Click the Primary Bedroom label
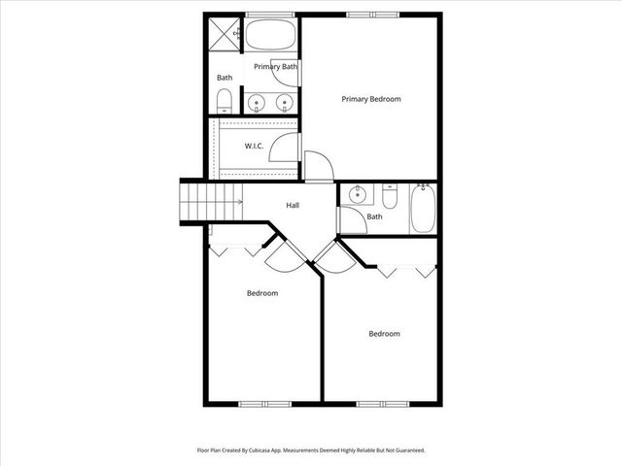[370, 99]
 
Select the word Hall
[293, 205]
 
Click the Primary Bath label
[275, 67]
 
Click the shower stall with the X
[225, 34]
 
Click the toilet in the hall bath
[390, 198]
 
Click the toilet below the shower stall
[225, 100]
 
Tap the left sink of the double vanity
[257, 102]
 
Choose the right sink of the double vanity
[286, 102]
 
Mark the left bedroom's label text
[261, 293]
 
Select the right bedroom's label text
[384, 334]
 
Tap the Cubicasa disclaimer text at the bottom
[311, 450]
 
